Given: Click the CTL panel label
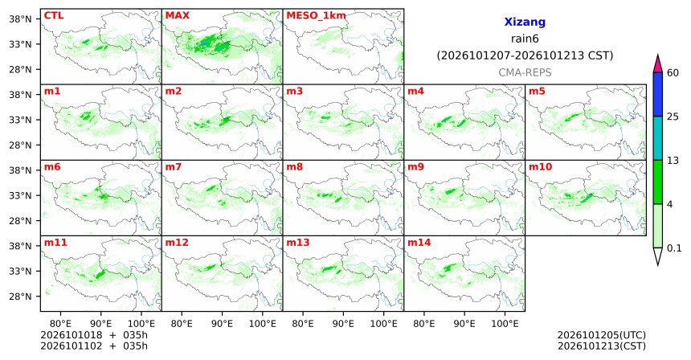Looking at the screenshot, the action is (x=53, y=15).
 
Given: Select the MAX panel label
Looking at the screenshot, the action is (x=177, y=15).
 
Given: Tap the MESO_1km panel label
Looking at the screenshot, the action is (x=316, y=16).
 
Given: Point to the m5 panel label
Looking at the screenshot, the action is (x=537, y=92).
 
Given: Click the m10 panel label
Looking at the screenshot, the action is (x=540, y=167).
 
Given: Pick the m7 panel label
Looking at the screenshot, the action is (x=174, y=167).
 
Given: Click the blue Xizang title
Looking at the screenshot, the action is (x=525, y=22).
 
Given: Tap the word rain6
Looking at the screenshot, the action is (x=525, y=39).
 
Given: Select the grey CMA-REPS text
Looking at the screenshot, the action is (x=525, y=72).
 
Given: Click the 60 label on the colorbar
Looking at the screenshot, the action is (x=673, y=72).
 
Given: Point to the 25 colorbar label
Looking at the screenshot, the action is (x=673, y=117).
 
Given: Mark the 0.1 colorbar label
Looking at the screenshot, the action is (x=674, y=248).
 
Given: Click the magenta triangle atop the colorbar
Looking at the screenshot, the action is (x=658, y=64).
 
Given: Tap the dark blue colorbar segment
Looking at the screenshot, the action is (x=658, y=94).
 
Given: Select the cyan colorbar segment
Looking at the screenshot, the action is (x=658, y=138).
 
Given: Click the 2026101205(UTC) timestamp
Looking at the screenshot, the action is (x=602, y=336).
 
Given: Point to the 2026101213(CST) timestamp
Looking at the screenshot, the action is (x=602, y=346).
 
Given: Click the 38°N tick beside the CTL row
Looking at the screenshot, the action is (x=21, y=19).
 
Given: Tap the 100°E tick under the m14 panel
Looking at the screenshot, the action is (x=505, y=324).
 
